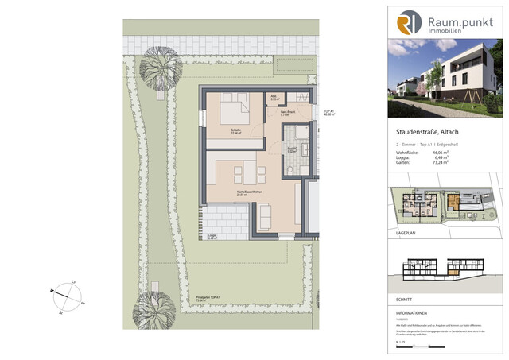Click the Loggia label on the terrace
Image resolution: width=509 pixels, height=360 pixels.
point(212,236)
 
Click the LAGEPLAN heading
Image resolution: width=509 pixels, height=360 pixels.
point(407,237)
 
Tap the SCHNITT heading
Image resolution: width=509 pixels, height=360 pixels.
point(405,298)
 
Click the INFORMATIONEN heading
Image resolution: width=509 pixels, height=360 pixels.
point(414,314)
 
